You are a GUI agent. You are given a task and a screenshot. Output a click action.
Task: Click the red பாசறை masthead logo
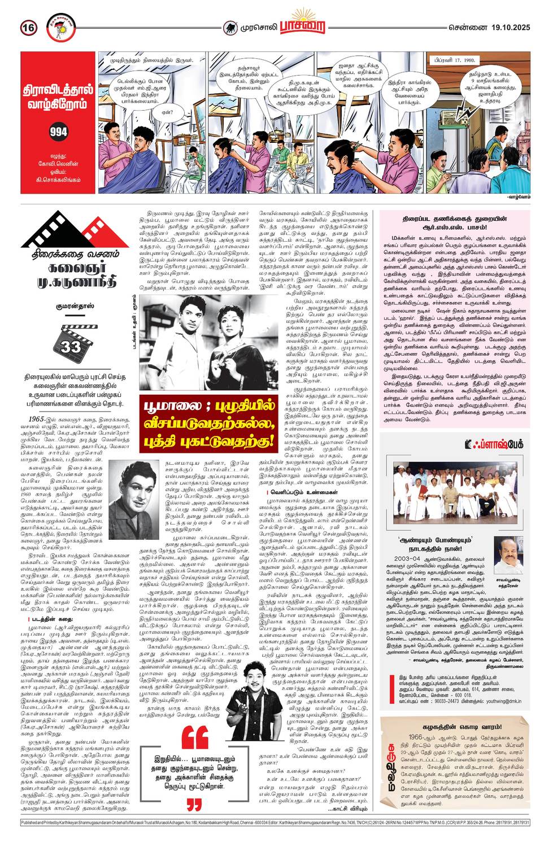point(306,27)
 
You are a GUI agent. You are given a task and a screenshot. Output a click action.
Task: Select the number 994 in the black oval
point(58,132)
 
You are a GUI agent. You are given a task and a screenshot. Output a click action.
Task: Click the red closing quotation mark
point(194,804)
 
